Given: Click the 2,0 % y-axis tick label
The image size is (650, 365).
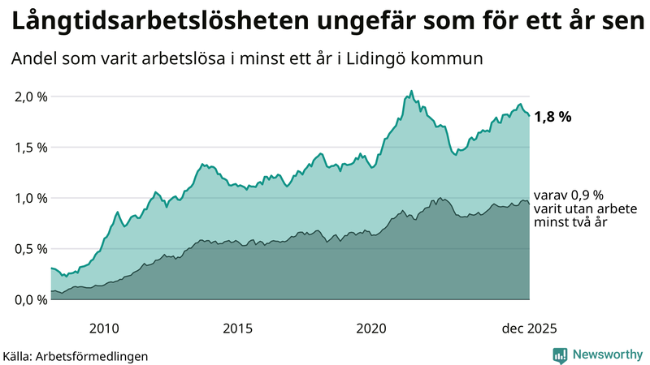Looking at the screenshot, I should tap(32, 97).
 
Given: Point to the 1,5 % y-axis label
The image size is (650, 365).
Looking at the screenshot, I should tap(32, 148).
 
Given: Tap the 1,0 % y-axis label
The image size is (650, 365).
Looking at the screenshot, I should tap(32, 198).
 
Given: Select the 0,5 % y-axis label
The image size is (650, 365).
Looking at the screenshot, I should tap(32, 249).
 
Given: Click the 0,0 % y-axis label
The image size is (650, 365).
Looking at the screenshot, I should tap(32, 299).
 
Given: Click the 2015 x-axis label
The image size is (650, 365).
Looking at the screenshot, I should tap(237, 328).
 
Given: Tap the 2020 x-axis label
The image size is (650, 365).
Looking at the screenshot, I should tap(371, 328).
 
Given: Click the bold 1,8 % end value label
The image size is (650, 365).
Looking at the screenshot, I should tap(552, 117).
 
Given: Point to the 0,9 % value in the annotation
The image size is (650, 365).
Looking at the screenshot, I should tap(585, 195).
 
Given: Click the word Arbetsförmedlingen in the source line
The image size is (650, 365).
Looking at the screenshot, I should tap(97, 355).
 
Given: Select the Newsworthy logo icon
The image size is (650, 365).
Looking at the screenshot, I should tap(560, 354).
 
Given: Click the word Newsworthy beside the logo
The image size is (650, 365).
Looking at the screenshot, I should tap(605, 354).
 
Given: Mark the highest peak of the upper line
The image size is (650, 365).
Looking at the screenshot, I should tap(412, 91).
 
